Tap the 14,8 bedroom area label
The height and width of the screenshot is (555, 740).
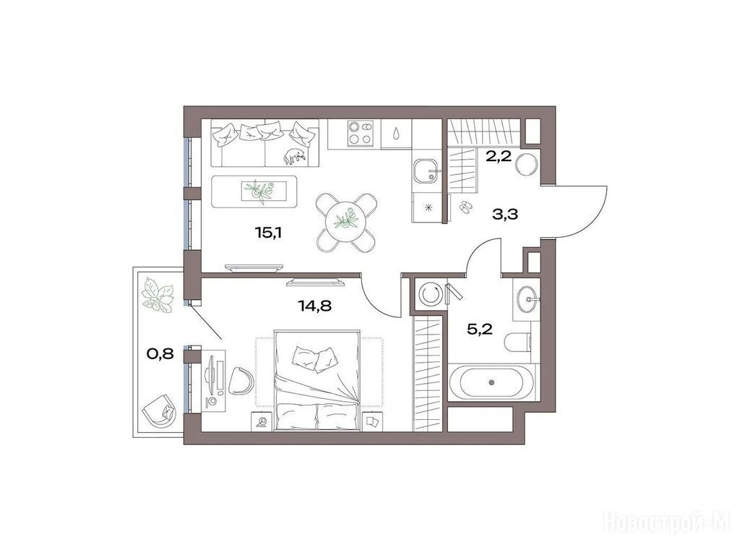(x=315, y=306)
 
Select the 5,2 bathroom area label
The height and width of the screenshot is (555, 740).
(x=480, y=329)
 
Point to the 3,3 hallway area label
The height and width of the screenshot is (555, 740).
(x=505, y=215)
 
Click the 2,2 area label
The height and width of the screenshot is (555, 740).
(x=499, y=156)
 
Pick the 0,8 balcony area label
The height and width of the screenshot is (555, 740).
(x=160, y=353)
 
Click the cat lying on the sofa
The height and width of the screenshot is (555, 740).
(x=296, y=156)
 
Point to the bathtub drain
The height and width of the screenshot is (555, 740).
(x=491, y=382)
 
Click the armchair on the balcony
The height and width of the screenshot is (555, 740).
(x=160, y=410)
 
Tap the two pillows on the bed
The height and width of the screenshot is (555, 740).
(x=314, y=359)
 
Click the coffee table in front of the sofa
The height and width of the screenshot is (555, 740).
(x=254, y=192)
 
